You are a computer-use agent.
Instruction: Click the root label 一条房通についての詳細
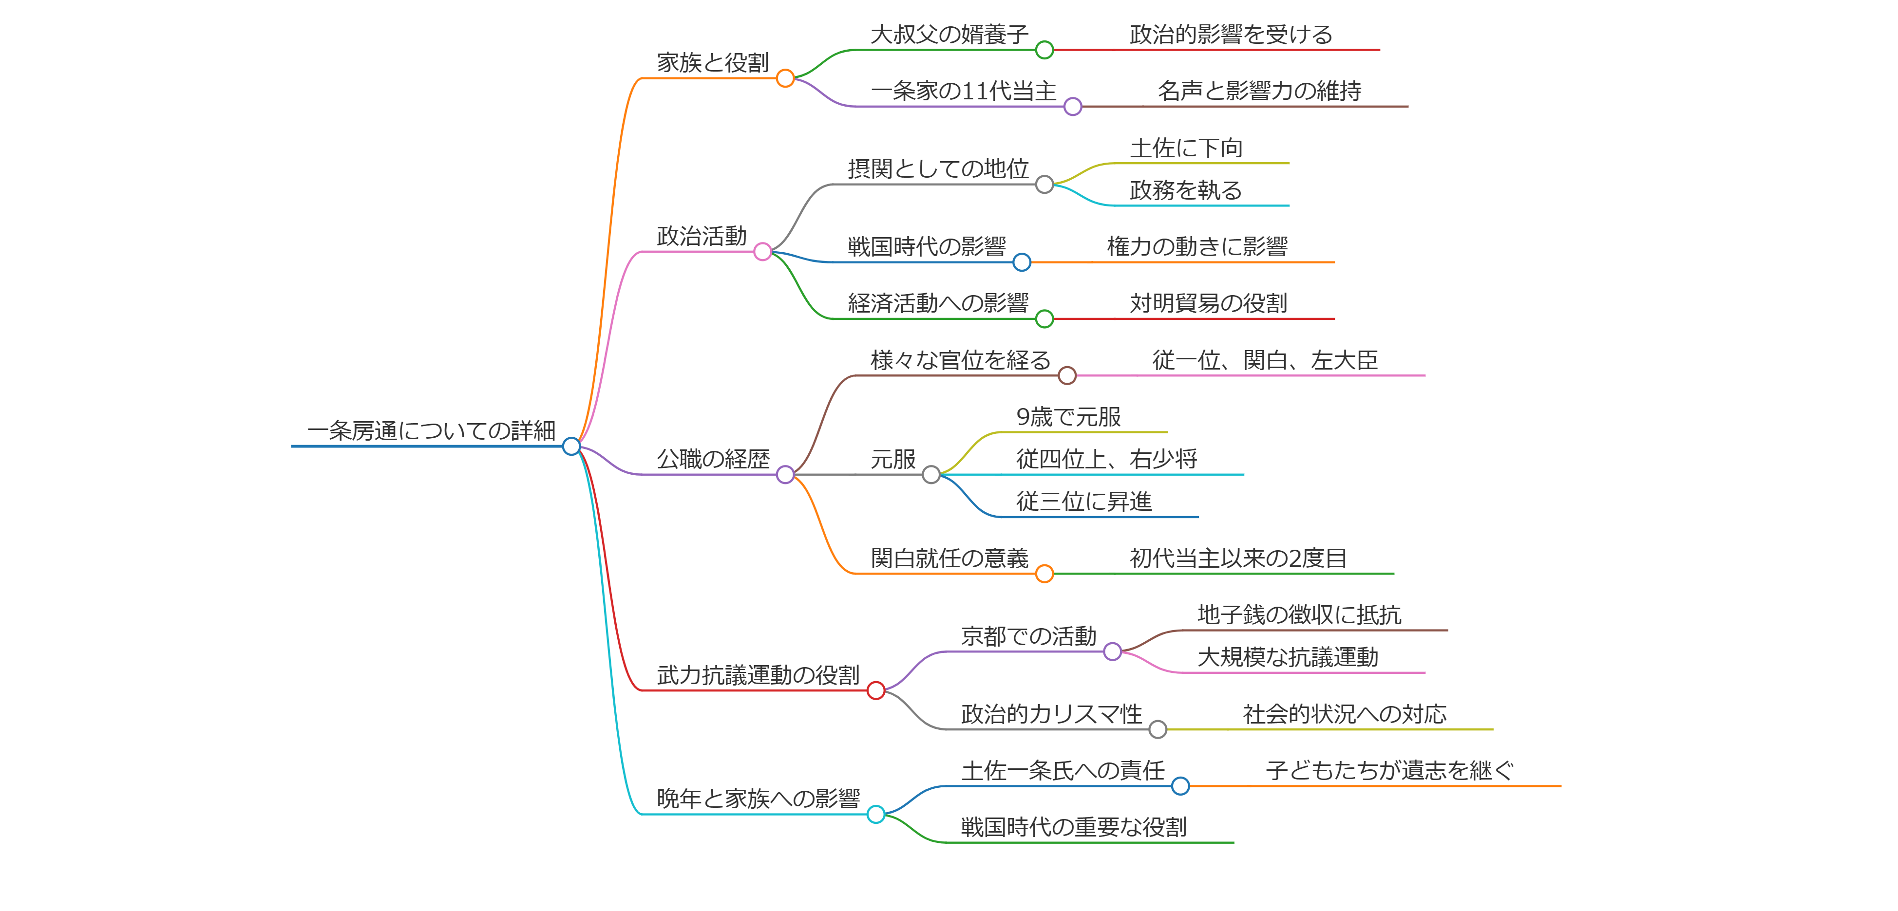click(431, 431)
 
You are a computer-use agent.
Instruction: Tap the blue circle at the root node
click(571, 446)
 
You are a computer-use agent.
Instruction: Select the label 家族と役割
click(713, 63)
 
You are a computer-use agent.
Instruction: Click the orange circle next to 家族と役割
click(785, 78)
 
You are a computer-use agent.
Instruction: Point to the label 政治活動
click(702, 237)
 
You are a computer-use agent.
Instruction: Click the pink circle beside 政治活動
click(762, 252)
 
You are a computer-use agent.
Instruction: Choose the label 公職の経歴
click(713, 460)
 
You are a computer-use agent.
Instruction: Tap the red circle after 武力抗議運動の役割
click(875, 691)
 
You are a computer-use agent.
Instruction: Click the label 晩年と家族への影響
click(758, 799)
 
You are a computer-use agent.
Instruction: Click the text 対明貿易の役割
click(1208, 303)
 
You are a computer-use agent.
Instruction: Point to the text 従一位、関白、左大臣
click(1264, 361)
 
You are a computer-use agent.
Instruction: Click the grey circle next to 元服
click(931, 475)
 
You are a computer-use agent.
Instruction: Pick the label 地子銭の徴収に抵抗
click(1299, 615)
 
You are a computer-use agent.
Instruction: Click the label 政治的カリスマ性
click(1051, 714)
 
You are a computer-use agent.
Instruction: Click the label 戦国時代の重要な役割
click(1074, 828)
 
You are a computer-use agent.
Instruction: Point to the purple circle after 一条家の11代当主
click(1073, 107)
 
